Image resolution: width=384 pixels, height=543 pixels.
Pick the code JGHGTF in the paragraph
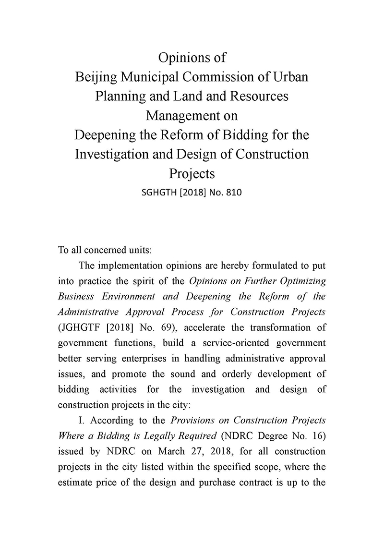pyautogui.click(x=80, y=327)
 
